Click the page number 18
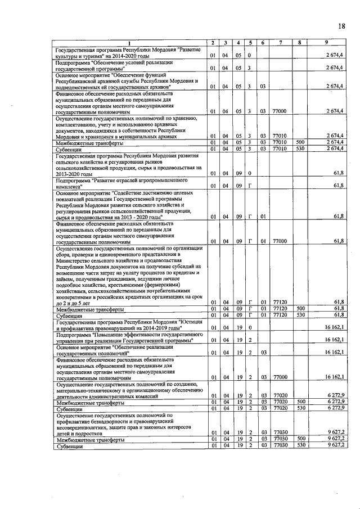point(341,26)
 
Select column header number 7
point(280,43)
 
